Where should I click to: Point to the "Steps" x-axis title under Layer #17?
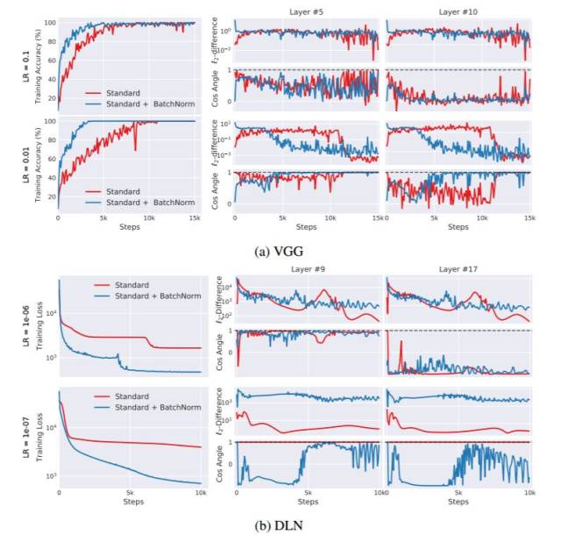coord(457,503)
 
